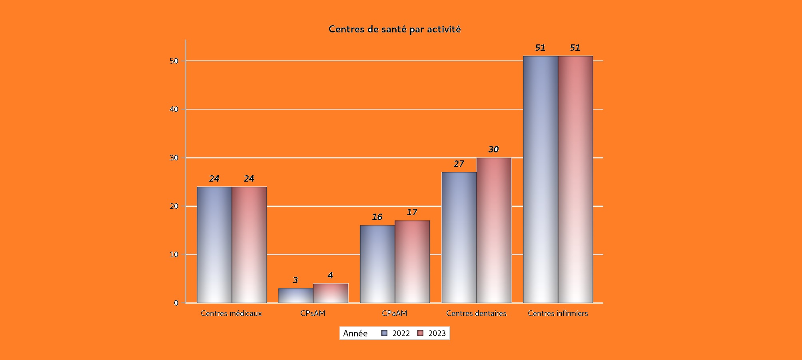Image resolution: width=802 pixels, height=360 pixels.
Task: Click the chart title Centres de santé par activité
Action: click(395, 29)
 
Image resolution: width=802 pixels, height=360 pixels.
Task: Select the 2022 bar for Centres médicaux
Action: click(214, 245)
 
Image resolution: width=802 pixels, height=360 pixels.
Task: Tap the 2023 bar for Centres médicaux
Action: click(249, 245)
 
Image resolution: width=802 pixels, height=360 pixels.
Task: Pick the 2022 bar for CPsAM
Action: click(296, 296)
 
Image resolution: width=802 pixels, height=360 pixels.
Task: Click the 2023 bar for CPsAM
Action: click(331, 293)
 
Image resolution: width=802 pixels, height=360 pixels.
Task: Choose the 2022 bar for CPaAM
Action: click(377, 264)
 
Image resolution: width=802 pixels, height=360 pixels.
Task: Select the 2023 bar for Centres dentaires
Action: click(494, 230)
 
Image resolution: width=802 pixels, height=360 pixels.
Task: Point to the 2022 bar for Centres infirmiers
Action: click(541, 179)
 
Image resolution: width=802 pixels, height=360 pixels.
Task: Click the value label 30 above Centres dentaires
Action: click(493, 150)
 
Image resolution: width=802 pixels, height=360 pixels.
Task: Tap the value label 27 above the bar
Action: click(459, 164)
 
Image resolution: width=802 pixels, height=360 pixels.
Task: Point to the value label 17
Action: click(412, 212)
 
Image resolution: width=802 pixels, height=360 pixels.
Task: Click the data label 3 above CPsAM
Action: click(295, 280)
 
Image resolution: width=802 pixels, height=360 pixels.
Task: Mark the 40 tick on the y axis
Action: click(174, 109)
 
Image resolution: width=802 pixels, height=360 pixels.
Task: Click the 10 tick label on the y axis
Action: click(174, 255)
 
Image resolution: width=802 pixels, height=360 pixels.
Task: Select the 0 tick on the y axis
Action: click(176, 303)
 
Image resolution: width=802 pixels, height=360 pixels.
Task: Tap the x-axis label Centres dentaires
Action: click(476, 314)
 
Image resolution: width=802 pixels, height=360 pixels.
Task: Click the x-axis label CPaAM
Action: click(394, 314)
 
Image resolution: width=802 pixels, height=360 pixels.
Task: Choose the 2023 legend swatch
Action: click(420, 333)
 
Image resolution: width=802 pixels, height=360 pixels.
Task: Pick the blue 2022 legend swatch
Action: click(385, 333)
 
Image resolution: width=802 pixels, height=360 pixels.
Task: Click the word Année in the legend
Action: click(355, 334)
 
